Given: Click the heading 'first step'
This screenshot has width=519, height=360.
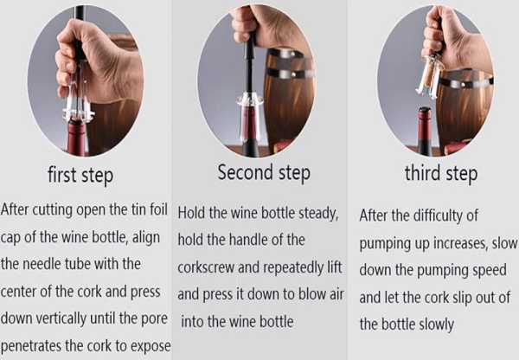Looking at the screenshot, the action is [80, 175].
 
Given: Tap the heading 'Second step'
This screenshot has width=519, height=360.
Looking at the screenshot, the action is [264, 173].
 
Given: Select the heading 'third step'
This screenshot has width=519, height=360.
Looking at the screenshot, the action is [441, 174].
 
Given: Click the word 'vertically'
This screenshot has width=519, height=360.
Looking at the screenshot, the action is [61, 319].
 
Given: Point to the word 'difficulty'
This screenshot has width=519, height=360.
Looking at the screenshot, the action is [437, 216].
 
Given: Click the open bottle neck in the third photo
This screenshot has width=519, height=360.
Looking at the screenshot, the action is [425, 132].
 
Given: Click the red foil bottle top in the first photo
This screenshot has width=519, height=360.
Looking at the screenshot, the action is [77, 137].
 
